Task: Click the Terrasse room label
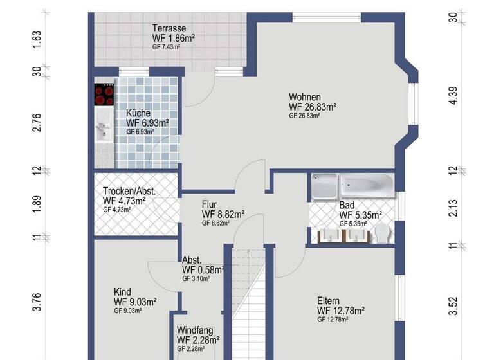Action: pos(169,28)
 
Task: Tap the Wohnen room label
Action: pos(304,96)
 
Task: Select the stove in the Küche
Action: pos(104,94)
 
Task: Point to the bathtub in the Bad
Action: pos(365,186)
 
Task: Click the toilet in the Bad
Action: pos(382,233)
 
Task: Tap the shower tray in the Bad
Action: pos(324,187)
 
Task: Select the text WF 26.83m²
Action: pos(313,107)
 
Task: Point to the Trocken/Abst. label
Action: pos(129,191)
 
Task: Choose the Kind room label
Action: pos(122,291)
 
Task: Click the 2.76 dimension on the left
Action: pos(37,122)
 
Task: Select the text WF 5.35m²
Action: pos(360,215)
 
